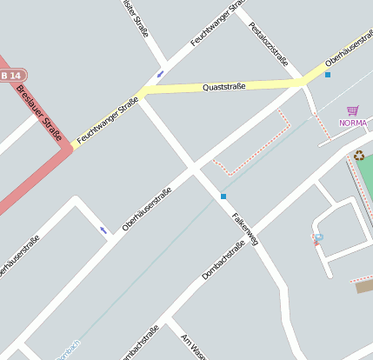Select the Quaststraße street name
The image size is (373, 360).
coord(224,87)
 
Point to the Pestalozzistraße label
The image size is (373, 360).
coord(269,43)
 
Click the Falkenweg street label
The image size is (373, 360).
coord(245,229)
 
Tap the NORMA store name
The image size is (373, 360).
coord(353,123)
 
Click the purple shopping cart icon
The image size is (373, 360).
coord(352,110)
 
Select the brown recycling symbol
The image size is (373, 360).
coord(359,155)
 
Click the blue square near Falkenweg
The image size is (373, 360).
coord(223,197)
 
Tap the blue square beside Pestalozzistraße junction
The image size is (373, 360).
coord(328,75)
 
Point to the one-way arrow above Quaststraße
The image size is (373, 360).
coord(160,74)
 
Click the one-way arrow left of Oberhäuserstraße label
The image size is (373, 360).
coord(103,230)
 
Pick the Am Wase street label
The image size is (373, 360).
coord(192,347)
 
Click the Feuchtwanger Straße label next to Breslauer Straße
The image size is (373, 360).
coord(107,121)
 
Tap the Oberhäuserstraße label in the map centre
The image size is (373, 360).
coord(147,208)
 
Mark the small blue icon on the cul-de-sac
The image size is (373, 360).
coord(318,237)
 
